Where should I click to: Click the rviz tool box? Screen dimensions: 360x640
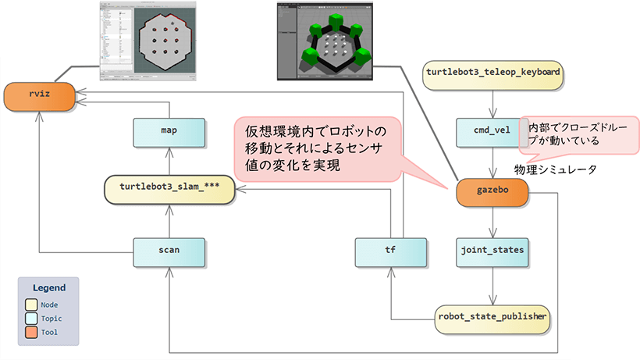39,97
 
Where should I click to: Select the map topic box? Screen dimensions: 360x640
169,131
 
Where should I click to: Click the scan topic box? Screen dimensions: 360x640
169,251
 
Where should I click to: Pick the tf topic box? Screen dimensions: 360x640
391,251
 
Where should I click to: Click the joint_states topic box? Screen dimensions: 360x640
492,251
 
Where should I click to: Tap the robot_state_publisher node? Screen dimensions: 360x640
492,316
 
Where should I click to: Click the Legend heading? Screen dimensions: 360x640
49,287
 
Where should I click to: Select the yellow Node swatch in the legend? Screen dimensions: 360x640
31,305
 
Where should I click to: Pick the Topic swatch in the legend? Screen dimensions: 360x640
31,318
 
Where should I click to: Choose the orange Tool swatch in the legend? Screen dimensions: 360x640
31,331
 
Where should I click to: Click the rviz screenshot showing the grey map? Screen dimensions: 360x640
149,40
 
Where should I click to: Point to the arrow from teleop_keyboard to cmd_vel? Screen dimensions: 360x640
492,101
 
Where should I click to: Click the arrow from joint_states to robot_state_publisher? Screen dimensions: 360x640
492,284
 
